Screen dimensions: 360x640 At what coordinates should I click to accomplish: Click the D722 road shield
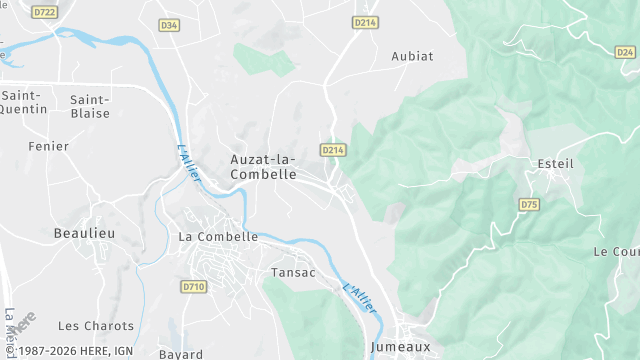point(44,12)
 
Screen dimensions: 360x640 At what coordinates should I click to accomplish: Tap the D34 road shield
point(168,25)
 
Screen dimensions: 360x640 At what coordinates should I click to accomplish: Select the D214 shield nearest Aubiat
point(365,22)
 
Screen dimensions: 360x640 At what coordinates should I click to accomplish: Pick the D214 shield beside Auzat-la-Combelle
point(333,150)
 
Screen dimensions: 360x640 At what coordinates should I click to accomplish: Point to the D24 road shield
point(626,52)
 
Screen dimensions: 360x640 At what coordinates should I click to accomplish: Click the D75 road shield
point(529,204)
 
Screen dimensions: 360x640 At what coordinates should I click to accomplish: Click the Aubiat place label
point(413,56)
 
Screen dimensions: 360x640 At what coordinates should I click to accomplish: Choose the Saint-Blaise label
point(89,106)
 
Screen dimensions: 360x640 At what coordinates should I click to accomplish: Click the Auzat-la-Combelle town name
point(263,166)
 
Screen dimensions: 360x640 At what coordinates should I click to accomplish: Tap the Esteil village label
point(556,164)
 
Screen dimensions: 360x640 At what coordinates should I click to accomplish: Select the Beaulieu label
point(84,233)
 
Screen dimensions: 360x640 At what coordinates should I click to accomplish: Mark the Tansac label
point(294,272)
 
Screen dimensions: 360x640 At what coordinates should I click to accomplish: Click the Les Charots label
point(96,326)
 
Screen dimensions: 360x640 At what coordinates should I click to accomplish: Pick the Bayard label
point(180,354)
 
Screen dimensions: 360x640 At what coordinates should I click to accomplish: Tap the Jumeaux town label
point(400,347)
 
